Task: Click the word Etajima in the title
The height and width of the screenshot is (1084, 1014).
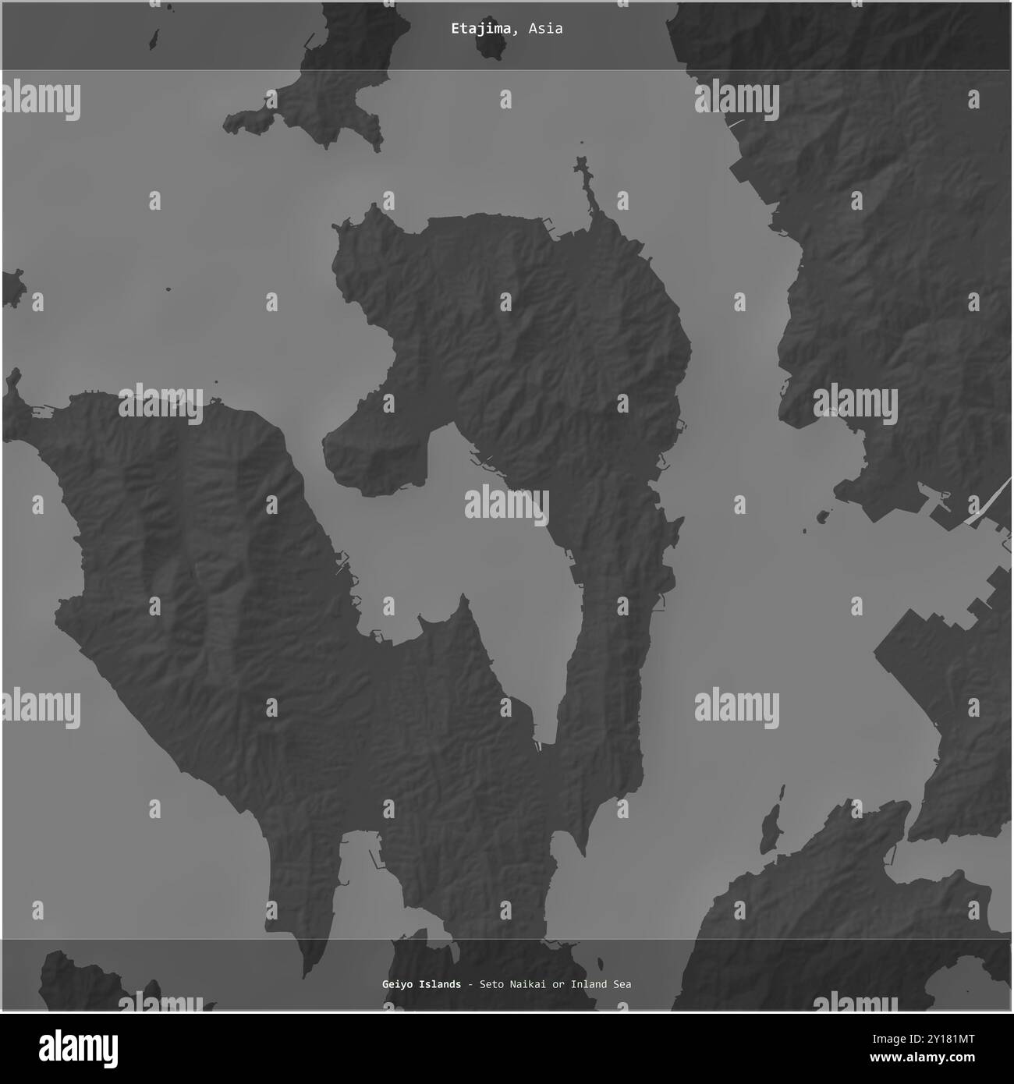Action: [x=480, y=29]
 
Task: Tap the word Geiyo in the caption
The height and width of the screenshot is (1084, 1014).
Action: [x=398, y=984]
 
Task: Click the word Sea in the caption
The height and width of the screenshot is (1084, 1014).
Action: [x=622, y=984]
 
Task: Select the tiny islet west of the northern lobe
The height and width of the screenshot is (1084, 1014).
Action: [x=168, y=290]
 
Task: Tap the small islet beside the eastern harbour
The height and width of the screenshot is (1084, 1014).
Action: [x=822, y=516]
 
